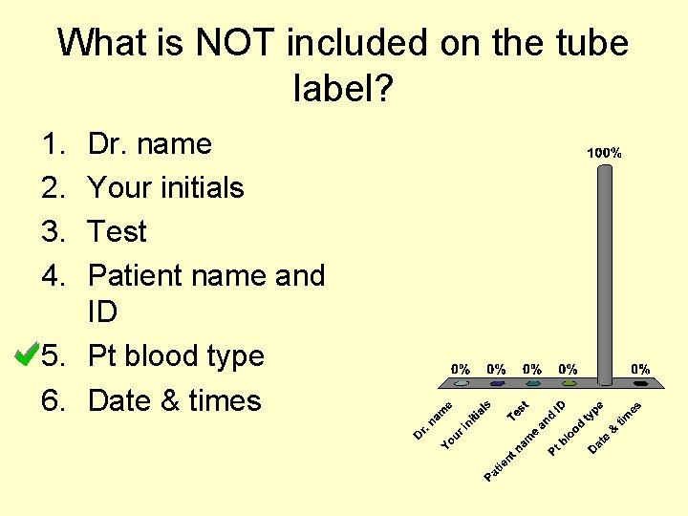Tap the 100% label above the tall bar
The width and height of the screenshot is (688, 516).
pos(604,153)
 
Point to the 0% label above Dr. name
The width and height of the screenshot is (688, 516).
pos(461,369)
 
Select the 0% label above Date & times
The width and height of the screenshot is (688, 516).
pos(640,369)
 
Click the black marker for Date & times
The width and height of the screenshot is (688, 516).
pos(640,384)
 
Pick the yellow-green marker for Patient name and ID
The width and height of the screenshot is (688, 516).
pos(569,384)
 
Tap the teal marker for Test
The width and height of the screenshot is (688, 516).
pos(532,384)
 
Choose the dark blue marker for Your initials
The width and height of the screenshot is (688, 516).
pos(497,384)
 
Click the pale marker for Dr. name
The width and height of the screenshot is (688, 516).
pos(461,384)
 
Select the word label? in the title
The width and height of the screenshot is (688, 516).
pos(344,91)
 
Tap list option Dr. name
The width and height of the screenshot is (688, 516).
pos(149,144)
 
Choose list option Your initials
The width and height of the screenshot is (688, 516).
pos(165,188)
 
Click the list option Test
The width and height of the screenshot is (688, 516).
pos(117,232)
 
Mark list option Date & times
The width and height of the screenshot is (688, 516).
pos(174,400)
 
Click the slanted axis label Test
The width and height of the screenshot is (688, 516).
pos(519,409)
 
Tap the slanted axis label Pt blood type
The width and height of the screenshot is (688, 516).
pos(575,426)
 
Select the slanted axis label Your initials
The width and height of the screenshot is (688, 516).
pos(466,425)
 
